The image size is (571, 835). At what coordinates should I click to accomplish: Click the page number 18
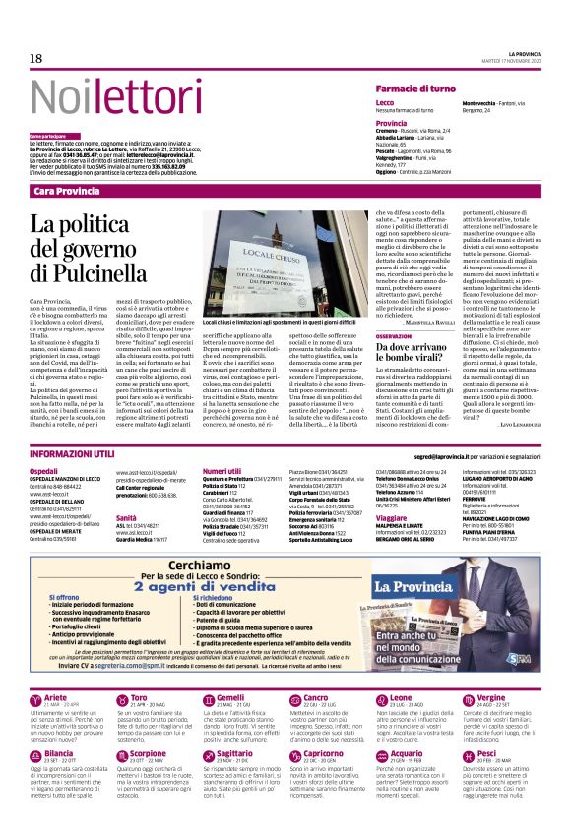point(35,59)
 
